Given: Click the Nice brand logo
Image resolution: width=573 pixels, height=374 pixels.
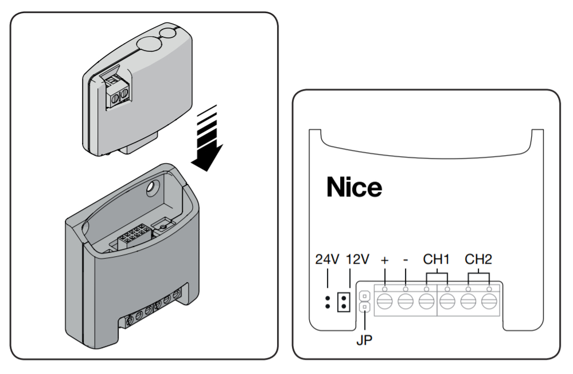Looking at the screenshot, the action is [x=354, y=187].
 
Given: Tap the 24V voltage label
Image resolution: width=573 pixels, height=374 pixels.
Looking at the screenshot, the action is [x=327, y=260].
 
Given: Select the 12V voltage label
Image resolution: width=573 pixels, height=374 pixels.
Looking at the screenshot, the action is [x=357, y=260].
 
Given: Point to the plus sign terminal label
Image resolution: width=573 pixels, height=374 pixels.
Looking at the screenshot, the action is [x=384, y=260].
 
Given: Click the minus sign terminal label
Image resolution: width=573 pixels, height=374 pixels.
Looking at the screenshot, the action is [x=406, y=260].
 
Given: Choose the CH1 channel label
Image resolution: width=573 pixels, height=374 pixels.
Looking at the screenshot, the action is [x=436, y=260].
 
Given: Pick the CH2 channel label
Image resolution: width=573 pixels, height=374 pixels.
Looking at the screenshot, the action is [x=478, y=260].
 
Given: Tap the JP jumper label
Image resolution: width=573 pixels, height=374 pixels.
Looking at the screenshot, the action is [x=364, y=340].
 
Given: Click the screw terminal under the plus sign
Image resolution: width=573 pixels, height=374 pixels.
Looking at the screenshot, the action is [x=384, y=302].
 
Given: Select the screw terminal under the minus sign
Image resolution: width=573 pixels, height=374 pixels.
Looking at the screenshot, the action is [x=406, y=302].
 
